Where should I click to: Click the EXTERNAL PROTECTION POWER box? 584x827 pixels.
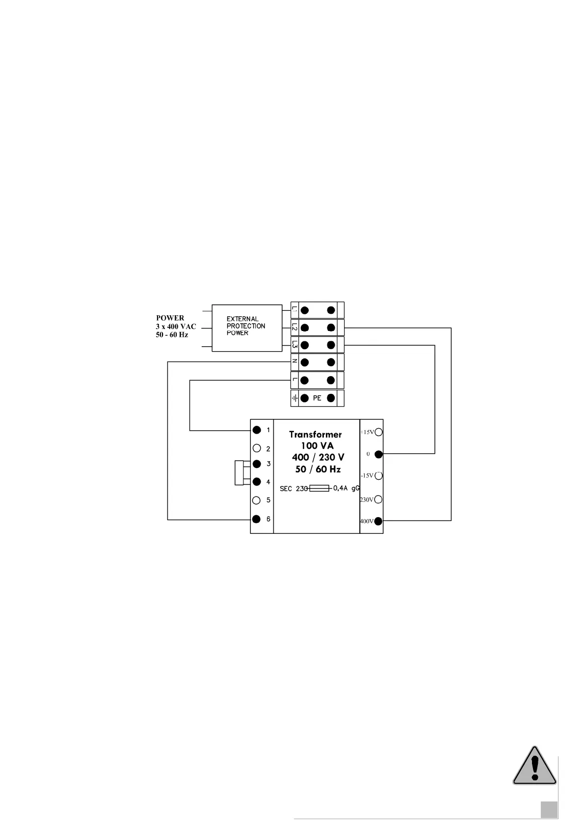pyautogui.click(x=246, y=327)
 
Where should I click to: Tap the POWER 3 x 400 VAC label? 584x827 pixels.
pyautogui.click(x=176, y=326)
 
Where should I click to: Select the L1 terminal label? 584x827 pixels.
pyautogui.click(x=294, y=310)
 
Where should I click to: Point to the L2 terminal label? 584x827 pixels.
pyautogui.click(x=294, y=327)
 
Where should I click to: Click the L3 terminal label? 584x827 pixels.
pyautogui.click(x=294, y=345)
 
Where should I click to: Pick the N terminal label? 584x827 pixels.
pyautogui.click(x=294, y=362)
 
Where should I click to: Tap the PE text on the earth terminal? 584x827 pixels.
pyautogui.click(x=317, y=398)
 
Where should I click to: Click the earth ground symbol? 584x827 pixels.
pyautogui.click(x=294, y=398)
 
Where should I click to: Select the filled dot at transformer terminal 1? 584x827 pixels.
pyautogui.click(x=256, y=430)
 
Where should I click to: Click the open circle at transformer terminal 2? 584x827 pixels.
pyautogui.click(x=256, y=448)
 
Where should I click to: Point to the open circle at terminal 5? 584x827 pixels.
pyautogui.click(x=256, y=500)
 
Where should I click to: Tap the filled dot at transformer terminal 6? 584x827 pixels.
pyautogui.click(x=256, y=519)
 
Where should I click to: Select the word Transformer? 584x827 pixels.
pyautogui.click(x=315, y=434)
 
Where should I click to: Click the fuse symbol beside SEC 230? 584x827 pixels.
pyautogui.click(x=319, y=488)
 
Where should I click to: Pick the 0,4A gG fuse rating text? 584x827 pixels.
pyautogui.click(x=346, y=488)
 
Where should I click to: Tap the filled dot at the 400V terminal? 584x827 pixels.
pyautogui.click(x=378, y=521)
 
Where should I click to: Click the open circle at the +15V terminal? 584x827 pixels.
pyautogui.click(x=378, y=432)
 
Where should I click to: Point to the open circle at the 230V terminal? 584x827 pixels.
pyautogui.click(x=378, y=499)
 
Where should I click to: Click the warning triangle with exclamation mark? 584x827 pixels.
pyautogui.click(x=534, y=772)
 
